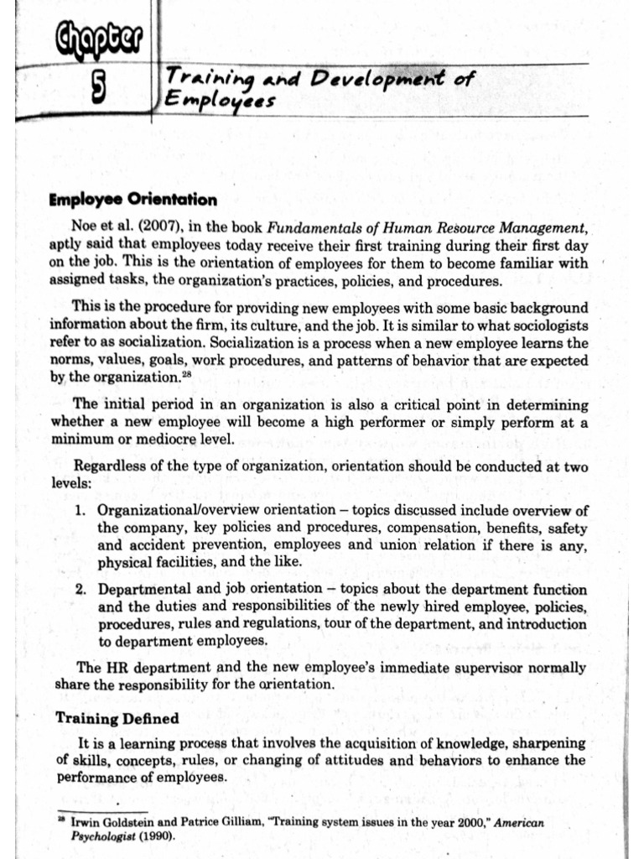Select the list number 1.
point(80,511)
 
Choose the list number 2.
point(80,590)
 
